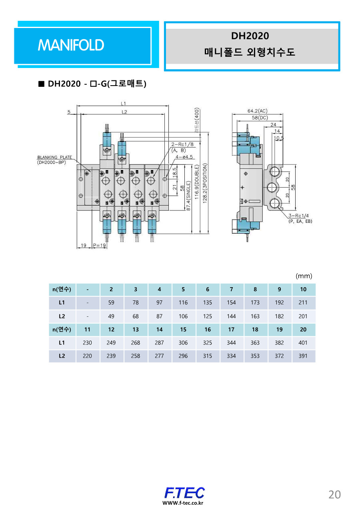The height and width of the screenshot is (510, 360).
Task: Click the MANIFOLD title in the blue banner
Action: point(71,45)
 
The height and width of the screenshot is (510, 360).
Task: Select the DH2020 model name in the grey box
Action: point(250,36)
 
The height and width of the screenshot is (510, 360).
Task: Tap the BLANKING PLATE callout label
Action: point(54,157)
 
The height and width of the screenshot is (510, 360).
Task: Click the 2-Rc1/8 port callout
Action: point(182,144)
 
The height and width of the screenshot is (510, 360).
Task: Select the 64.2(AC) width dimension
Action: point(257,111)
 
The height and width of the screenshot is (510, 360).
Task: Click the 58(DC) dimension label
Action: point(257,118)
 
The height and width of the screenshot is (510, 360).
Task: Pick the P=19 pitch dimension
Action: point(99,245)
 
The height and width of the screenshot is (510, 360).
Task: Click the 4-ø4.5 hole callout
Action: point(185,157)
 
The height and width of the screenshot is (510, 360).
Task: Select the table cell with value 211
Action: point(303,303)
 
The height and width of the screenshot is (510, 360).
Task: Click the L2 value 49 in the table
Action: point(111,316)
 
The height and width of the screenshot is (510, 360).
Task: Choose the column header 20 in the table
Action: point(303,330)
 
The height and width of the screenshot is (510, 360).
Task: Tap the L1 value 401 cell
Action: point(303,343)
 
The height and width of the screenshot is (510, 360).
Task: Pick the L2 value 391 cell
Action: point(303,356)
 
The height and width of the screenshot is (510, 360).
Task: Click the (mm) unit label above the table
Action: point(304,276)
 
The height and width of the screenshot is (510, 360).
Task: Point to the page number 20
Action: point(334,495)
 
